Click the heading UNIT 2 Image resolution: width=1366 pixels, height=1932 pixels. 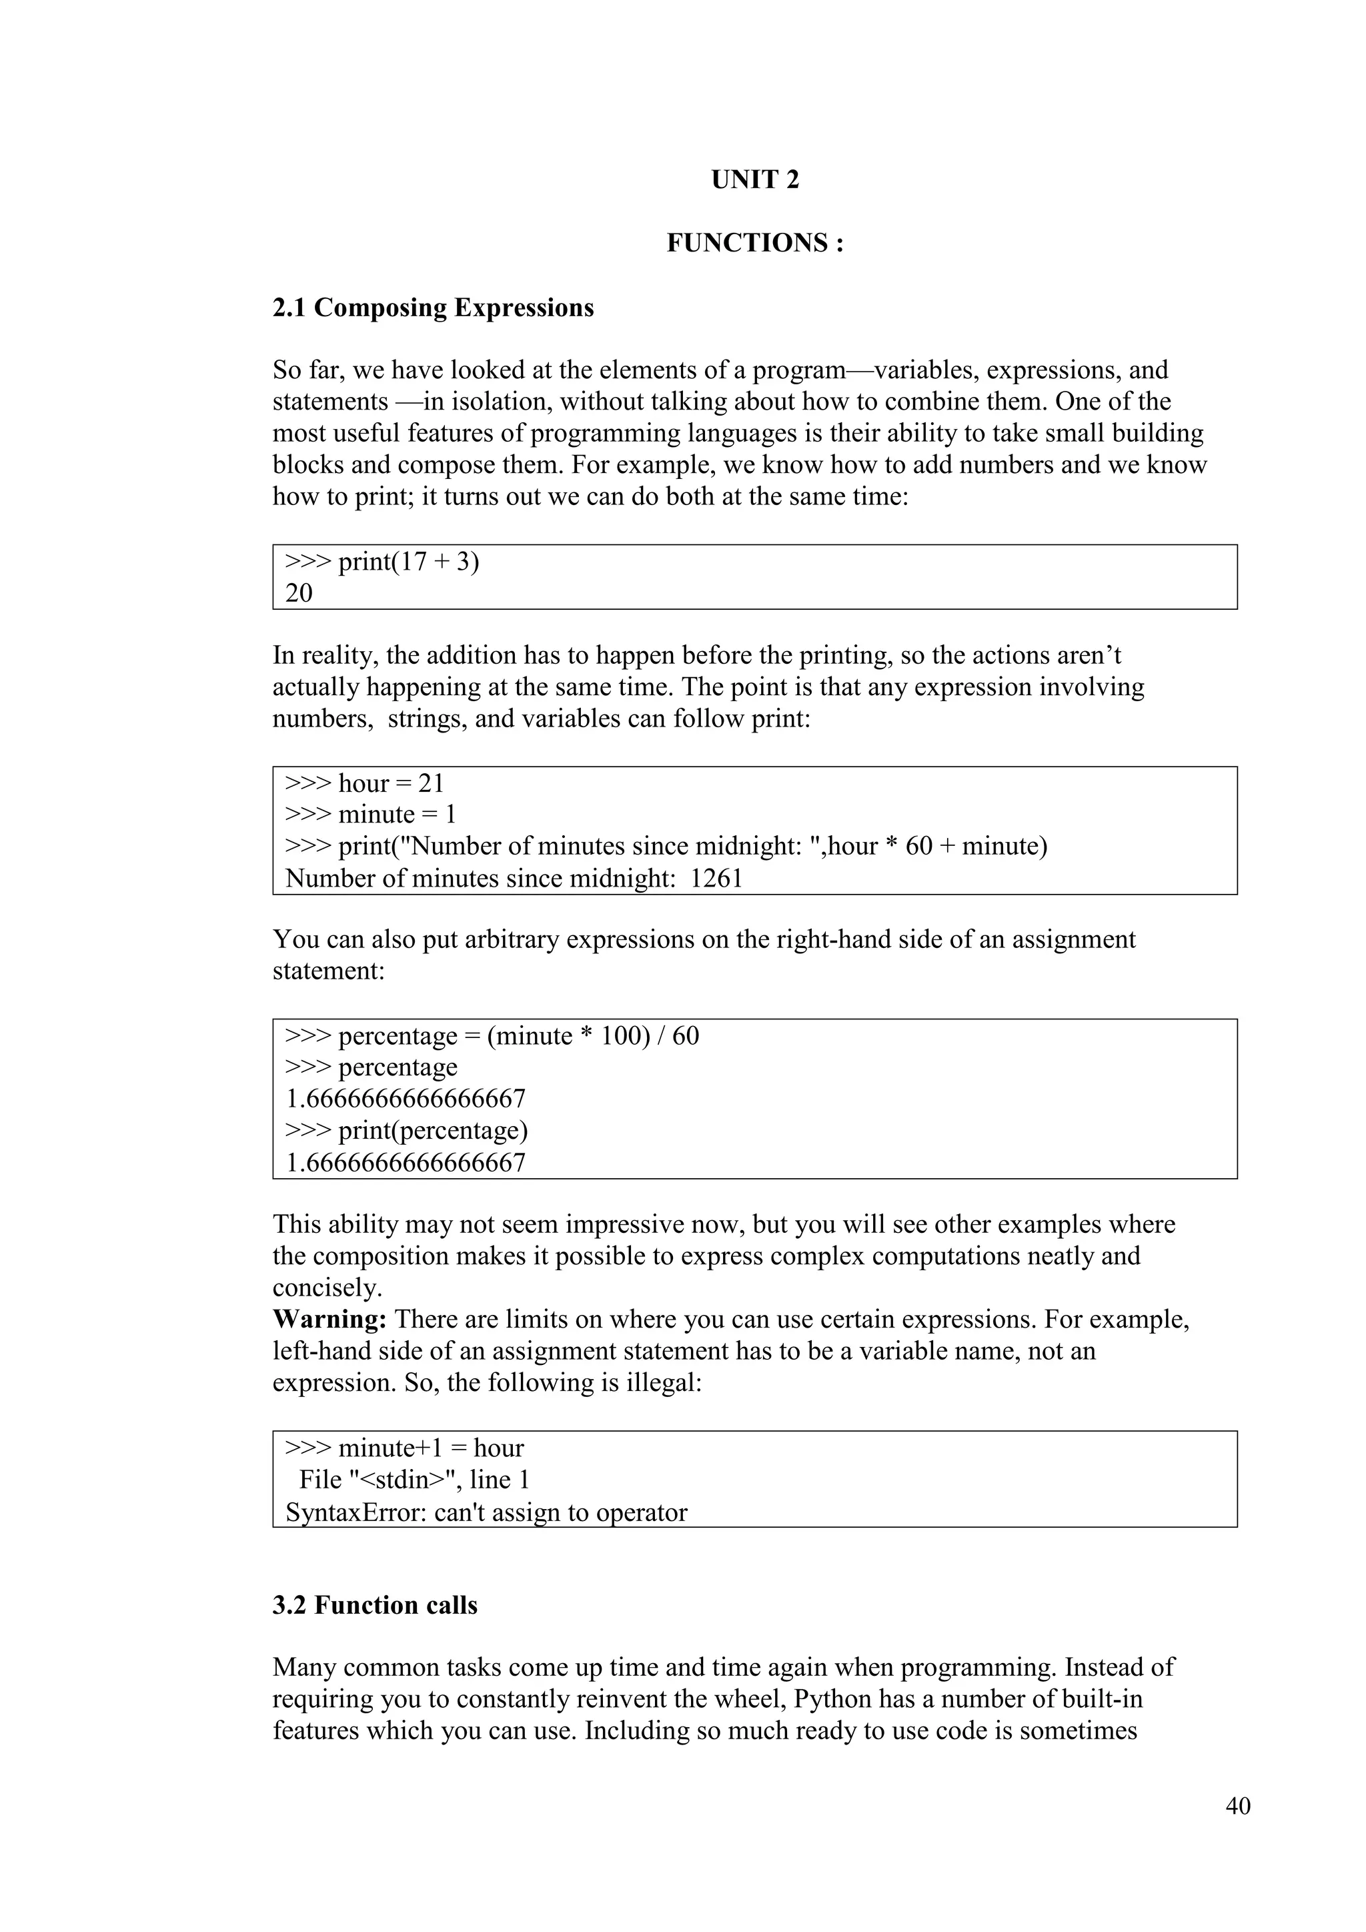click(x=754, y=180)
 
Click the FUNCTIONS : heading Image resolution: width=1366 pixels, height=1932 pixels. click(x=754, y=244)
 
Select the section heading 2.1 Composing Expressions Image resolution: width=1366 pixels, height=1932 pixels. click(x=433, y=308)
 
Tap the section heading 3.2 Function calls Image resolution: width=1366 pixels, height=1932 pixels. click(x=375, y=1606)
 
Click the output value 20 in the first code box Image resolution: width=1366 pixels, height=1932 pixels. click(x=299, y=594)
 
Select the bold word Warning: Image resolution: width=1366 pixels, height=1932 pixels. click(x=329, y=1320)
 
